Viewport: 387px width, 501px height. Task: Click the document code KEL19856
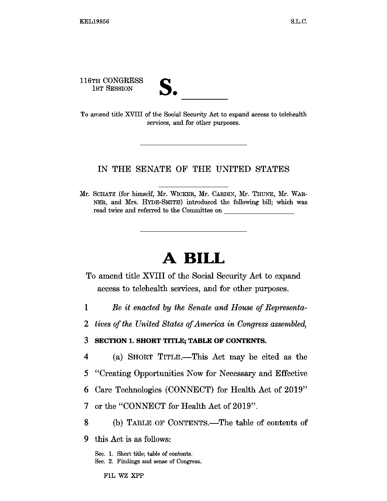[x=94, y=21]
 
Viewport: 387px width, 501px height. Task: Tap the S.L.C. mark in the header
[x=298, y=21]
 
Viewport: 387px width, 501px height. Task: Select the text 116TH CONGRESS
[x=111, y=81]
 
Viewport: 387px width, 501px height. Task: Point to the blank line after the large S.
[x=204, y=98]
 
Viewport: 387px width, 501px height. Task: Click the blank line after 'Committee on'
[x=259, y=212]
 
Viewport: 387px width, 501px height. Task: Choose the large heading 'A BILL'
[x=193, y=258]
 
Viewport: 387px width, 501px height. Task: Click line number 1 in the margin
[x=86, y=307]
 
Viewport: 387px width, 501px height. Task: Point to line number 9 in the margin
[x=86, y=439]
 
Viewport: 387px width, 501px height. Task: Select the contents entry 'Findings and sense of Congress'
[x=159, y=462]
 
